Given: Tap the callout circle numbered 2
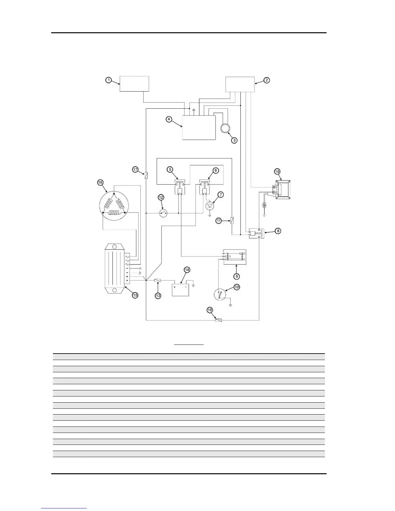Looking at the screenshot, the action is coord(267,80).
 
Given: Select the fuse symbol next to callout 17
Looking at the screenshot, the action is coord(146,175).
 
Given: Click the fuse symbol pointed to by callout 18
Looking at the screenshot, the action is coord(218,320).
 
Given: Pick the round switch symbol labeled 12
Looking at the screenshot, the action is coord(164,213).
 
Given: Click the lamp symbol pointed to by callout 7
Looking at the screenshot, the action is coord(210,205).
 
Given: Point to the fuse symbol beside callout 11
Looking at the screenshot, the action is coord(232,221).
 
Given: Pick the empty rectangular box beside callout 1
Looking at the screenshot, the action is coord(134,84).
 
